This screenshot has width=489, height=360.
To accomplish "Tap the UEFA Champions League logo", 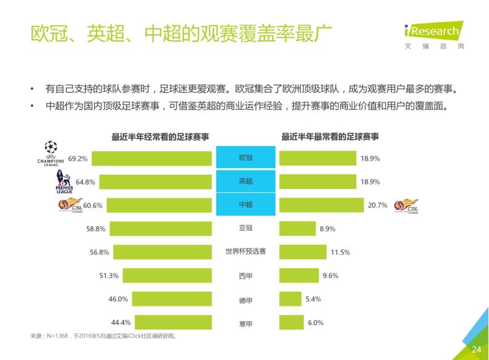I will pyautogui.click(x=50, y=154).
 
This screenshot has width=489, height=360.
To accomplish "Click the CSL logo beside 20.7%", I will pyautogui.click(x=406, y=206).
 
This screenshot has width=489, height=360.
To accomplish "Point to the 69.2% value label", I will pyautogui.click(x=78, y=158).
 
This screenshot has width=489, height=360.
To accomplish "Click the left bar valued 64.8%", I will pyautogui.click(x=156, y=182).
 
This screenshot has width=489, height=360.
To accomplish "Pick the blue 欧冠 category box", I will pyautogui.click(x=245, y=158).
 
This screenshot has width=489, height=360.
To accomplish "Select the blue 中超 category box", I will pyautogui.click(x=245, y=205).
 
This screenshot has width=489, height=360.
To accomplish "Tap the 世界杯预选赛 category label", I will pyautogui.click(x=245, y=252).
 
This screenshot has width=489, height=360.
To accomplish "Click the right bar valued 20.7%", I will pyautogui.click(x=320, y=205).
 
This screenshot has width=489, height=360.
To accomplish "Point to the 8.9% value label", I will pyautogui.click(x=327, y=228).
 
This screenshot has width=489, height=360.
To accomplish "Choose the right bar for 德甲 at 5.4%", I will pyautogui.click(x=290, y=299).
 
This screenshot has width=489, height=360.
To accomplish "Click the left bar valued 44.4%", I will pyautogui.click(x=173, y=322).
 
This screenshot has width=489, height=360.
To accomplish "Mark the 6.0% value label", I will pyautogui.click(x=315, y=322).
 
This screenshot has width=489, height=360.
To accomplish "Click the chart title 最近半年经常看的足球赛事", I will pyautogui.click(x=159, y=137).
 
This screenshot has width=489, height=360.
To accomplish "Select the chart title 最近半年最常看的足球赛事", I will pyautogui.click(x=330, y=137).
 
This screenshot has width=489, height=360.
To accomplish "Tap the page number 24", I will pyautogui.click(x=475, y=349).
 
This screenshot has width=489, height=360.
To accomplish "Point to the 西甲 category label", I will pyautogui.click(x=245, y=276).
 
